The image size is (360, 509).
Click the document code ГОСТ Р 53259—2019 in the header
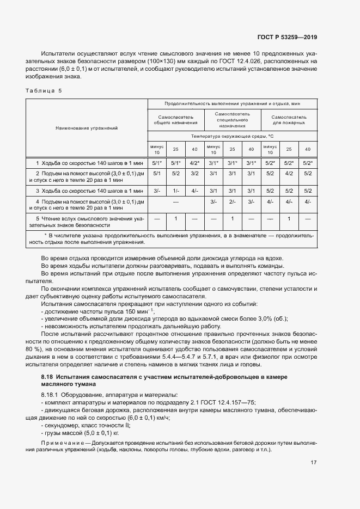[287, 38]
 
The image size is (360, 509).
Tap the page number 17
[314, 463]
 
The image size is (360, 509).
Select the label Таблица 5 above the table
[44, 91]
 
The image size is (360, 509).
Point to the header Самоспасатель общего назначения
[175, 120]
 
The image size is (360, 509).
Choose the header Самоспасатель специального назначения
[232, 120]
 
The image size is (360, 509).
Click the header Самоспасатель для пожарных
[289, 120]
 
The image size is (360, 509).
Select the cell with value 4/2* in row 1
[194, 163]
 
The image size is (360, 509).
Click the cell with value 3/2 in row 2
[194, 174]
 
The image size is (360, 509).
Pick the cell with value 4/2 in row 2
[289, 174]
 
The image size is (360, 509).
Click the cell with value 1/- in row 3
[175, 191]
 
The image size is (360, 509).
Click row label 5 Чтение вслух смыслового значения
[87, 221]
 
